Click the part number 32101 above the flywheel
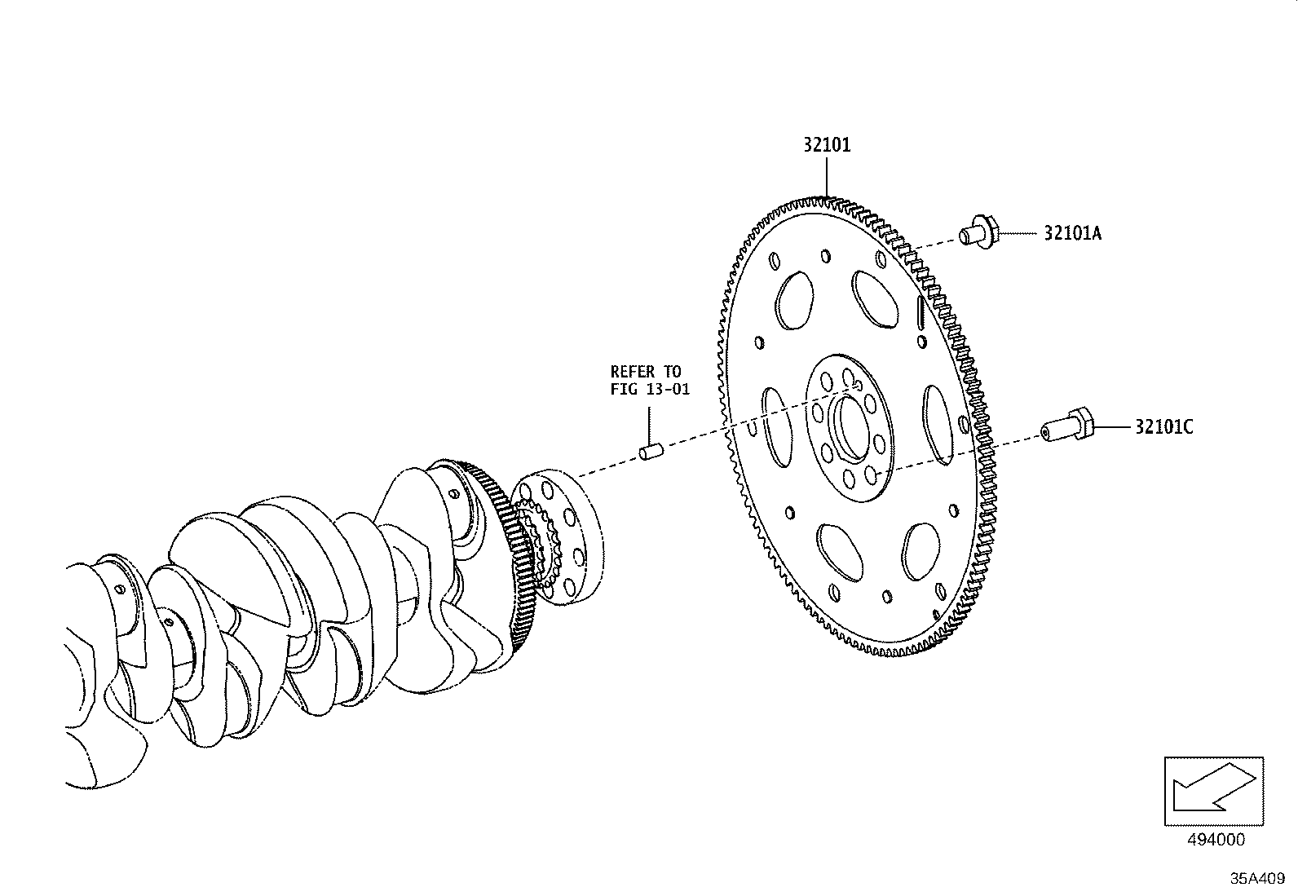826,145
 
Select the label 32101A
1072,233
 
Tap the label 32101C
1163,426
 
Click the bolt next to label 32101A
975,233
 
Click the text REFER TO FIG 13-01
650,381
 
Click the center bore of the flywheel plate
850,425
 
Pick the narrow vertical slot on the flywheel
920,311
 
